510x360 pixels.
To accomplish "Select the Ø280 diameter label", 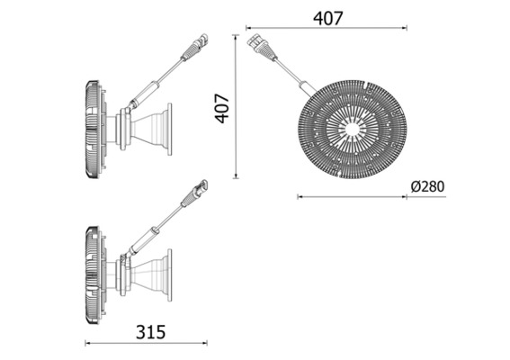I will (x=426, y=186).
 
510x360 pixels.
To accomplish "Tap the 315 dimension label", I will (x=150, y=331).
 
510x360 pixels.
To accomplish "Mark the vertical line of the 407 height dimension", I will (x=237, y=108).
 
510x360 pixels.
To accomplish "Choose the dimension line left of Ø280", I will (x=351, y=195).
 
